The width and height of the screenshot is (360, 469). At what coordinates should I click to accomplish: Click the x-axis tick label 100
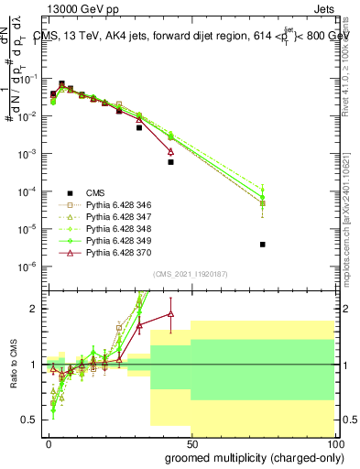pos(333,444)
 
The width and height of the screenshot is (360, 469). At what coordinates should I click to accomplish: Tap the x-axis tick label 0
pos(49,444)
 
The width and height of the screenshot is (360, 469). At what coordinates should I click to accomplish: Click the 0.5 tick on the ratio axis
pos(32,420)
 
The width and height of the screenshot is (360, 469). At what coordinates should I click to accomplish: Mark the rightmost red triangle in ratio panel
pos(170,314)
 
